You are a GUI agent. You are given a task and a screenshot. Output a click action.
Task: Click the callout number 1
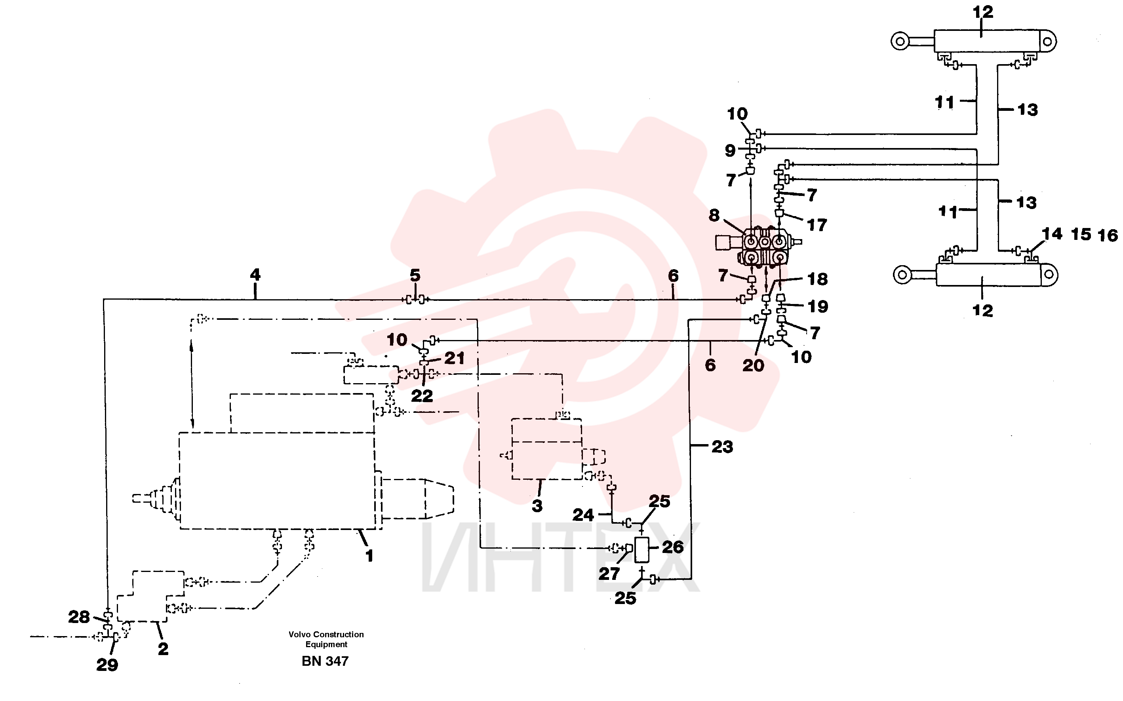click(369, 555)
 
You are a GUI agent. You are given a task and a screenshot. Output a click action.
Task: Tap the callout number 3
click(537, 506)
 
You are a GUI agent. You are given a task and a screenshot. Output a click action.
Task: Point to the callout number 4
click(255, 274)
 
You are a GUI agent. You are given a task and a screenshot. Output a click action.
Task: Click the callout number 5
click(415, 275)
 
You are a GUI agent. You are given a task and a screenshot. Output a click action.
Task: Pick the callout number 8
click(714, 215)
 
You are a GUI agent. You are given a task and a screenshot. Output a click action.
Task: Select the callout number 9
click(730, 150)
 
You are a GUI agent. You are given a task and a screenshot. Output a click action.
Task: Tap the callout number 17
click(817, 225)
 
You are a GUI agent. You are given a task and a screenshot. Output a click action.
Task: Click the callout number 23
click(722, 447)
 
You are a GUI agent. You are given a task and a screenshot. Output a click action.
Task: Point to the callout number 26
click(673, 547)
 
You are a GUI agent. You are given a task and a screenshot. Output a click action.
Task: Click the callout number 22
click(422, 396)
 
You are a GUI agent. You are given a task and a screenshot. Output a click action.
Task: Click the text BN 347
click(325, 661)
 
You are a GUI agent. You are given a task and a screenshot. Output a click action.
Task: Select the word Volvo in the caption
click(299, 634)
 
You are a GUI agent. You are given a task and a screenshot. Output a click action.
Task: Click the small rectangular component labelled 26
click(642, 550)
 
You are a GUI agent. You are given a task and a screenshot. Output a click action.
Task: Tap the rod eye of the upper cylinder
click(900, 41)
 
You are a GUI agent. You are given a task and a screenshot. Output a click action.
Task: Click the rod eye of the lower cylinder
click(902, 275)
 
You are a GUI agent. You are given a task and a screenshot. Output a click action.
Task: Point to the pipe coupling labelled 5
click(415, 300)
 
